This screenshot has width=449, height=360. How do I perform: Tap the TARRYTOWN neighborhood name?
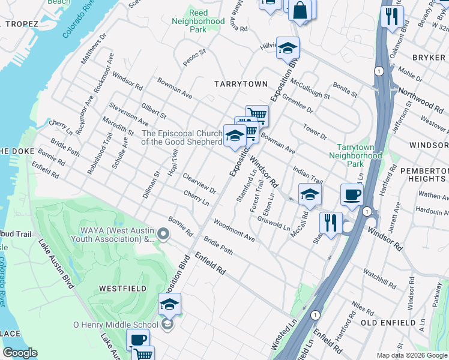click(x=240, y=85)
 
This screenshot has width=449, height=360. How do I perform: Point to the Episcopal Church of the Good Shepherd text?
click(x=181, y=137)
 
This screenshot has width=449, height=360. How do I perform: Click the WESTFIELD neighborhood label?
click(x=122, y=289)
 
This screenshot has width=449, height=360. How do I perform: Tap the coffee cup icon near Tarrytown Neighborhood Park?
click(x=351, y=194)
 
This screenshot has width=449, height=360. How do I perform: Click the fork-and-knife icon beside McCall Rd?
click(x=331, y=222)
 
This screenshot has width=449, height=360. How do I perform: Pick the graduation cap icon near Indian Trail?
click(x=310, y=194)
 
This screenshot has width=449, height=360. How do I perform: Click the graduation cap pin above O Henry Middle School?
click(x=170, y=304)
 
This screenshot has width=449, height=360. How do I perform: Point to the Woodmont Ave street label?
click(x=234, y=230)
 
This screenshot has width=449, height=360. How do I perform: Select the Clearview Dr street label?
click(x=199, y=184)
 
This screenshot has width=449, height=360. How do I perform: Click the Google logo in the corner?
click(x=20, y=353)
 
